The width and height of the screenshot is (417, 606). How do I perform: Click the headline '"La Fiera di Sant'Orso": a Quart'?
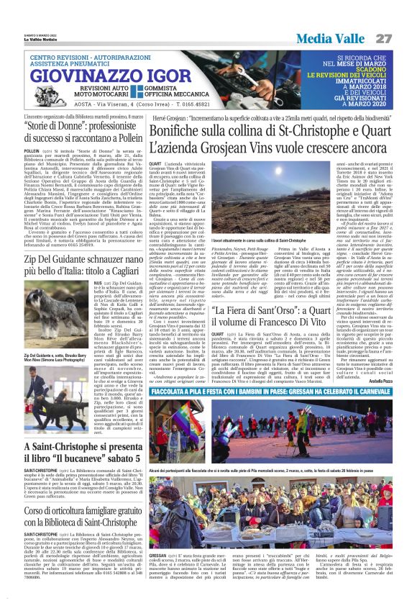tap(256, 312)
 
